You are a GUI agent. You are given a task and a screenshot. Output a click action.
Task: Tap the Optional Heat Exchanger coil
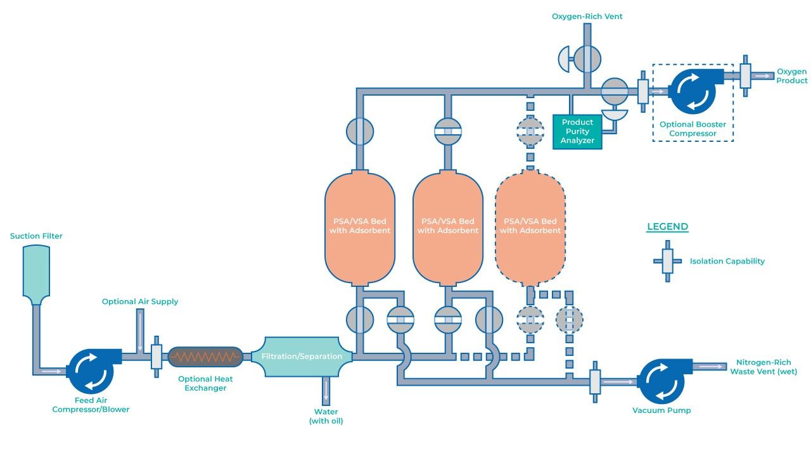click(205, 358)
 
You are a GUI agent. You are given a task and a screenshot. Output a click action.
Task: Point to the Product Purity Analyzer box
click(577, 131)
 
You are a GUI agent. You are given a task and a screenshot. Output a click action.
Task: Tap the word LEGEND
click(667, 227)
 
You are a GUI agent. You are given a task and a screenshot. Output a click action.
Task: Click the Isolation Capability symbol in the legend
click(667, 261)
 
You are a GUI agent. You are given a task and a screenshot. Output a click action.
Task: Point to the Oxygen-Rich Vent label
click(587, 16)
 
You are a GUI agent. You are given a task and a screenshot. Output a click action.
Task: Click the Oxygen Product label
click(792, 76)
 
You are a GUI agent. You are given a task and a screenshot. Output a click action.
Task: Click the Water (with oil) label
click(326, 416)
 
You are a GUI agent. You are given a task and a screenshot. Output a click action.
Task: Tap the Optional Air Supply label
click(140, 301)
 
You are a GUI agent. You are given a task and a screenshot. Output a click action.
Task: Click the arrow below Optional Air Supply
click(141, 330)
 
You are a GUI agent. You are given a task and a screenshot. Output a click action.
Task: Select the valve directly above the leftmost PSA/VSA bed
click(360, 131)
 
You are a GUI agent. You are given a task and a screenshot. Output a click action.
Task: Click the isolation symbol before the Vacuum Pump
click(595, 381)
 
